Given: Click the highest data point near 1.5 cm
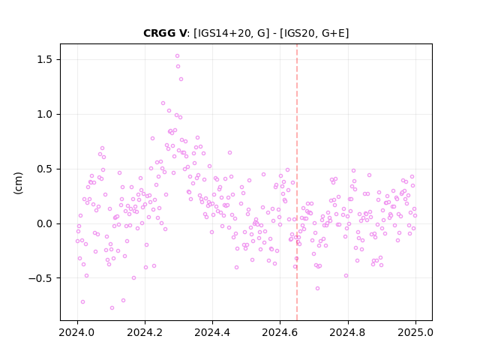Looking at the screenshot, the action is [x=177, y=56].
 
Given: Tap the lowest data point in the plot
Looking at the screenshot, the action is [x=112, y=307].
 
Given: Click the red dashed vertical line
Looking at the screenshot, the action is [x=297, y=182].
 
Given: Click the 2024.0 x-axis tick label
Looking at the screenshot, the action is [x=77, y=332].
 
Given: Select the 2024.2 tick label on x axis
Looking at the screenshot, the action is [x=145, y=332].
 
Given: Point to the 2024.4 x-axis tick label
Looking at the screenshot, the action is [x=212, y=332].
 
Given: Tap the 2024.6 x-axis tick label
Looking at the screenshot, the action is [x=280, y=332].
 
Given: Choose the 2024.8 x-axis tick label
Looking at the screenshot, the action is [x=348, y=332].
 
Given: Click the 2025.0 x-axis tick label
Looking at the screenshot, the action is [x=415, y=332].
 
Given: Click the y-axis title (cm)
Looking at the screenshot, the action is [x=18, y=183].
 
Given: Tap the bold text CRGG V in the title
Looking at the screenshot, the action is [x=165, y=33].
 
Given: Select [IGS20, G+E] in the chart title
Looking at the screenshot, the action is [x=313, y=33].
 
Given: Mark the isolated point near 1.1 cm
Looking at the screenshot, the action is [x=163, y=103].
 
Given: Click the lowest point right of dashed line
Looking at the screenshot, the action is [x=317, y=288].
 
